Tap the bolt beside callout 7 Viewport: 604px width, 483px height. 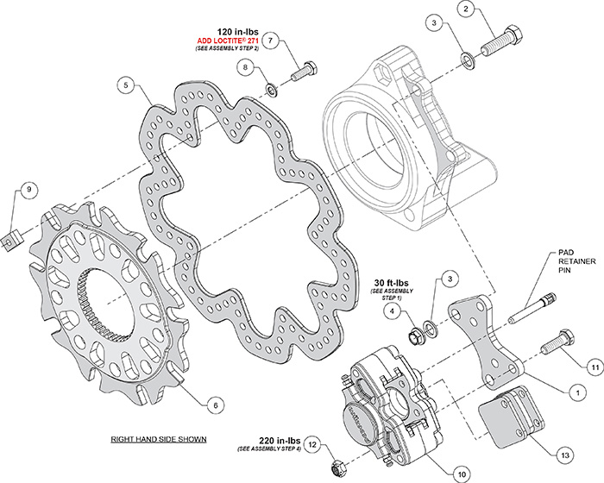302,71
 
